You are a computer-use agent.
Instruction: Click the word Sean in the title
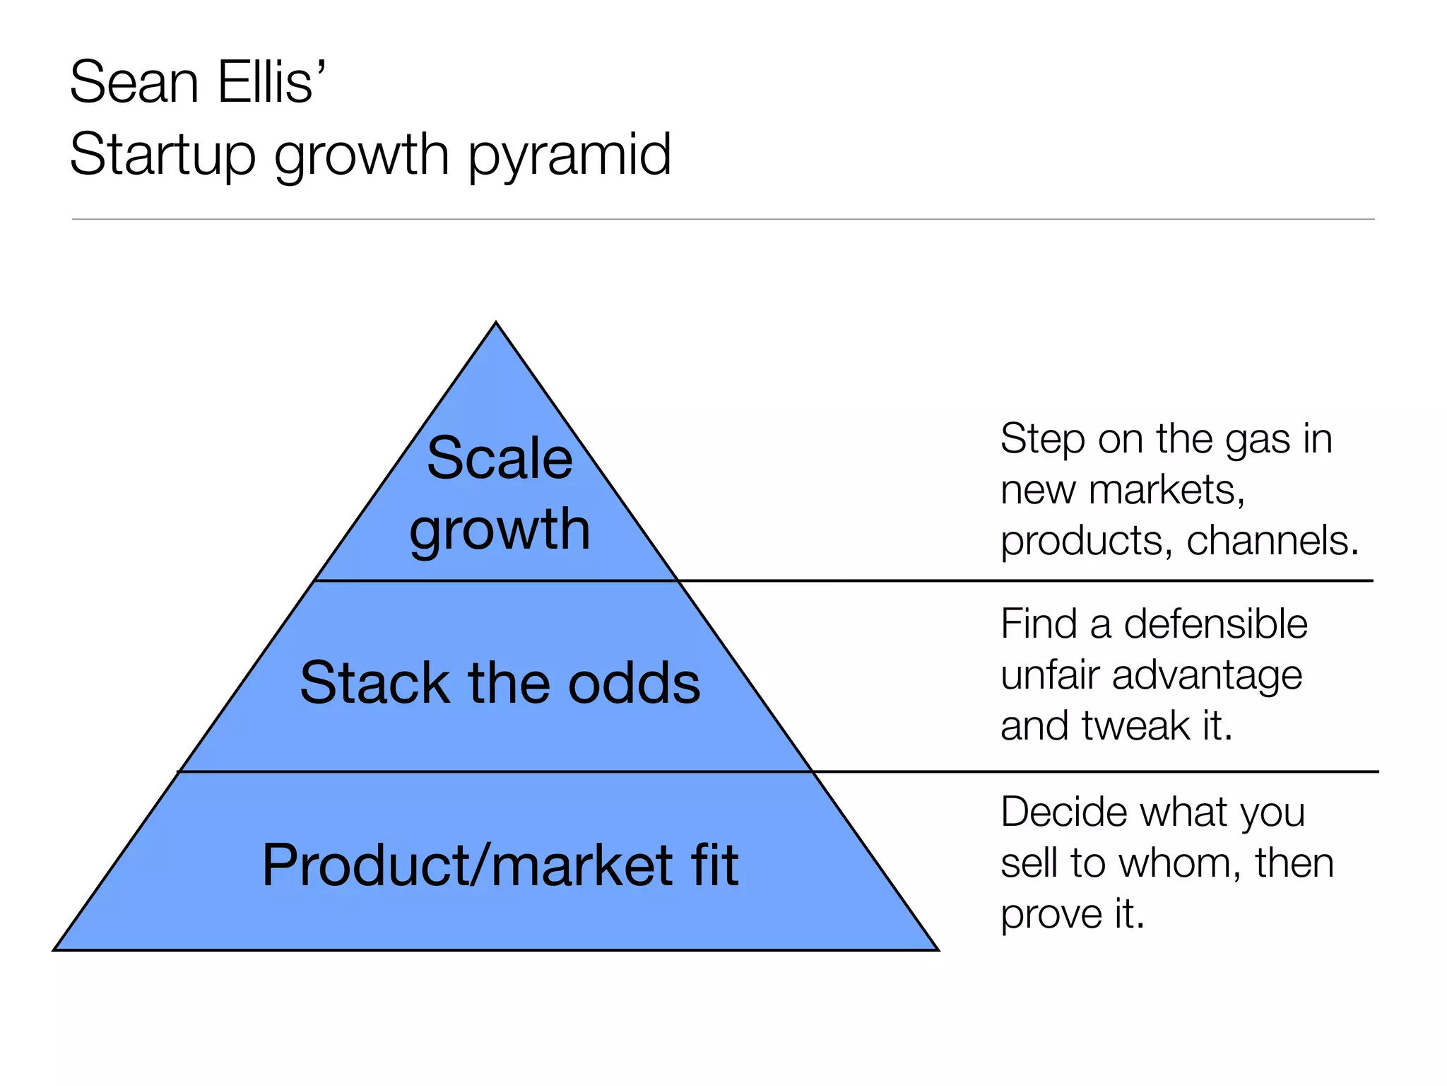(x=134, y=83)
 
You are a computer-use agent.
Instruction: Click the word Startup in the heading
(x=163, y=156)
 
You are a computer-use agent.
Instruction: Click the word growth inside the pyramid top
(x=500, y=530)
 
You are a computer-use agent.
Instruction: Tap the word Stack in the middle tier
(x=374, y=683)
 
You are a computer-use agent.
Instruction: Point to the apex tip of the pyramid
(x=496, y=324)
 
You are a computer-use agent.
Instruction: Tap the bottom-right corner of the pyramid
(x=937, y=950)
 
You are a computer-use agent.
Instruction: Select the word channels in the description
(x=1272, y=541)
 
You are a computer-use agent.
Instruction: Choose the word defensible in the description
(x=1215, y=624)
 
